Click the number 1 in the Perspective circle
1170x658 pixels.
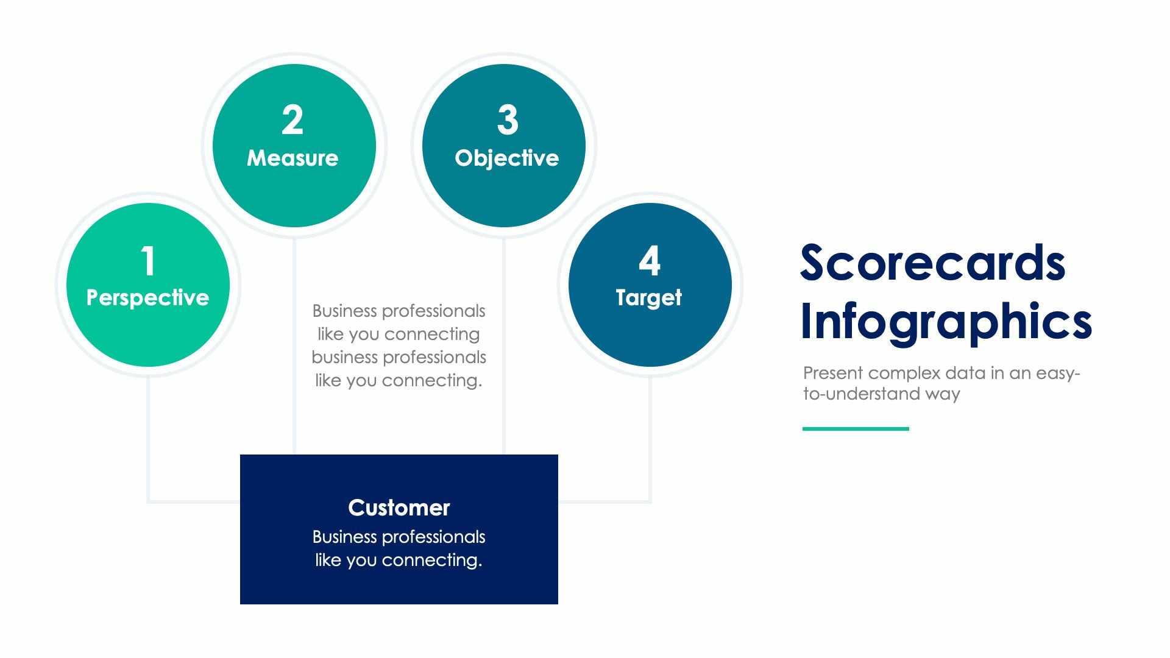pos(147,261)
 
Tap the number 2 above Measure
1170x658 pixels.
pos(292,121)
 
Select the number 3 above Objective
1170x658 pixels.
pos(508,121)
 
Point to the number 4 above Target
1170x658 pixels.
pos(650,261)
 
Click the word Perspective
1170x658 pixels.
pos(147,298)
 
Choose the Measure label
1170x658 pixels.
pos(292,158)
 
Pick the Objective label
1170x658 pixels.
pos(506,158)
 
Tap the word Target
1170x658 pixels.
pos(648,298)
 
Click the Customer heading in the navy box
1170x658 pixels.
pos(399,508)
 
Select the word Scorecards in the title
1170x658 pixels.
pos(932,263)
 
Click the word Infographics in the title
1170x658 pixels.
pos(945,322)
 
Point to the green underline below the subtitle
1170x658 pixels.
pos(856,429)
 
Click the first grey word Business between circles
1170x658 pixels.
pos(344,311)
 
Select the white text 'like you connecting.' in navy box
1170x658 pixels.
pos(399,561)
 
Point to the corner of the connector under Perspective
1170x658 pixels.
pos(149,501)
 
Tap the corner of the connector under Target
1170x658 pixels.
pos(650,501)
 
